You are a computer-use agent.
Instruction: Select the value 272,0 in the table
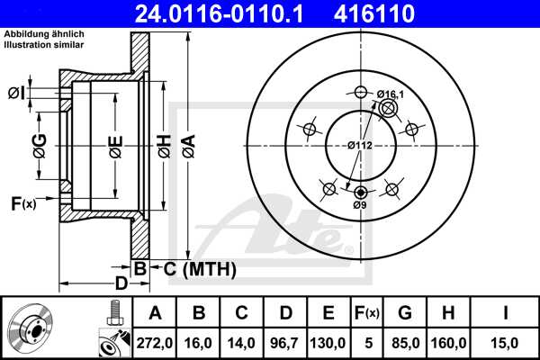click(155, 342)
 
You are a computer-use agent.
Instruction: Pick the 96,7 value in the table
click(285, 342)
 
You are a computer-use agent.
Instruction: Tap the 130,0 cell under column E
click(328, 342)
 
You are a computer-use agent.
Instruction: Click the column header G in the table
click(405, 314)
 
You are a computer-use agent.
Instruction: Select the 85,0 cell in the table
click(405, 342)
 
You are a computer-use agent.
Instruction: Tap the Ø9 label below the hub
click(361, 206)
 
